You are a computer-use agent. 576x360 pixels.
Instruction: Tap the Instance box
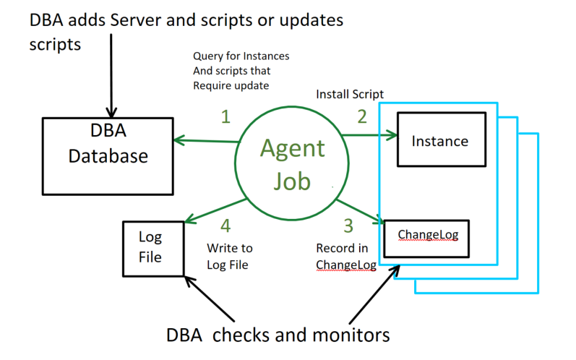click(439, 140)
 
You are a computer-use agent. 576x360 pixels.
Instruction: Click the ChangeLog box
click(427, 236)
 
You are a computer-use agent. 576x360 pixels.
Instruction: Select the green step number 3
click(348, 226)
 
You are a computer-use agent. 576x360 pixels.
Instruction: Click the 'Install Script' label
click(350, 95)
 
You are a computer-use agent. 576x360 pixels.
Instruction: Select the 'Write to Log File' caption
click(230, 257)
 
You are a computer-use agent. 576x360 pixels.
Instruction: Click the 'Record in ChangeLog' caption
click(346, 257)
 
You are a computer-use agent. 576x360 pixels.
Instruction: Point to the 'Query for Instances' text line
click(241, 56)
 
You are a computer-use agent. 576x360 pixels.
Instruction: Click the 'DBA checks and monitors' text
click(278, 335)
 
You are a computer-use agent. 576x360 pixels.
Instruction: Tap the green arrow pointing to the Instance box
click(369, 134)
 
